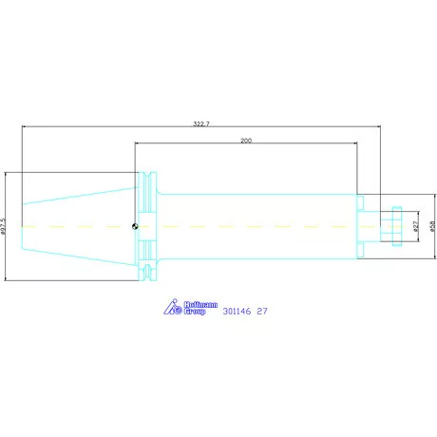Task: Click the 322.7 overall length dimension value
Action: coord(201,123)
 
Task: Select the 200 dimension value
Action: coord(246,141)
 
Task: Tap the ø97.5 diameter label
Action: coord(3,226)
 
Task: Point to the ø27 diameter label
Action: coord(416,226)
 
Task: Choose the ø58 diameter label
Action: coord(432,226)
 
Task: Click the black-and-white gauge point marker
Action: coord(135,226)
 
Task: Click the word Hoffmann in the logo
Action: coord(200,305)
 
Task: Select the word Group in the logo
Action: coord(195,312)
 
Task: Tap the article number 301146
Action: coord(237,312)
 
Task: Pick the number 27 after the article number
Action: coord(262,312)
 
